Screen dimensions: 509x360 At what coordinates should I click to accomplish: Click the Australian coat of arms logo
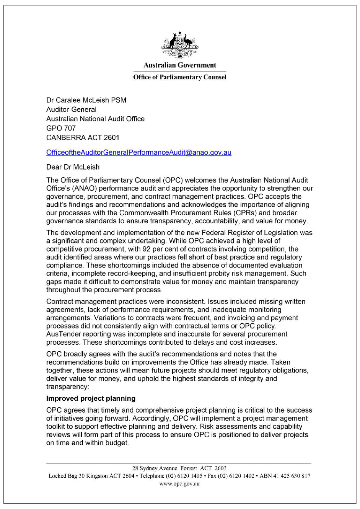tap(180, 45)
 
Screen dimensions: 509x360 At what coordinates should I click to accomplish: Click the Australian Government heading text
tap(180, 65)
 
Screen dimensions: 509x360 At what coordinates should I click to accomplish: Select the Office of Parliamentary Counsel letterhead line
tap(180, 77)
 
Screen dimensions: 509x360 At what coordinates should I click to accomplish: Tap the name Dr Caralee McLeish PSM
tap(86, 100)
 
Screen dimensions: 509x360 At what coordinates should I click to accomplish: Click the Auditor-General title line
tap(71, 109)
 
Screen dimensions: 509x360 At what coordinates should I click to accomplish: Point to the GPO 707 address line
tap(61, 128)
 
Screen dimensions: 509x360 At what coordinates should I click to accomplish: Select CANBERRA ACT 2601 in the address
tap(83, 137)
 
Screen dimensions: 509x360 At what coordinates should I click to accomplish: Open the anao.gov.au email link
tap(138, 152)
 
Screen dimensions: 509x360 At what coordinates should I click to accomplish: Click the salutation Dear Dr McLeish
tap(73, 167)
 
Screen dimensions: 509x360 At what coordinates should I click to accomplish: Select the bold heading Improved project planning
tap(91, 398)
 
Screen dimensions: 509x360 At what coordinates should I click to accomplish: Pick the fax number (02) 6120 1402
tap(236, 476)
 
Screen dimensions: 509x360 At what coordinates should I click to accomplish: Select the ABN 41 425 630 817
tap(285, 476)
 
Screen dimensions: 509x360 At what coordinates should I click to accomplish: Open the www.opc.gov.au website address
tap(179, 484)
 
